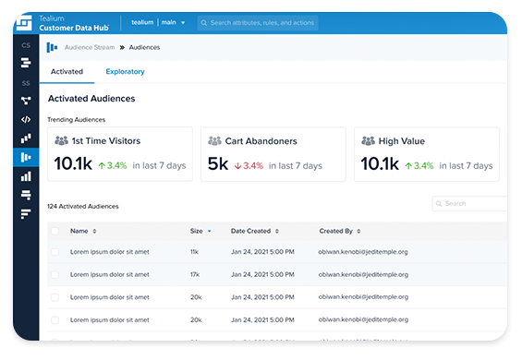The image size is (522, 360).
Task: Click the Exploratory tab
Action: [125, 71]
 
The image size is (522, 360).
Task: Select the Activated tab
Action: [67, 71]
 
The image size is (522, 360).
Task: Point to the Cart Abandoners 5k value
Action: [217, 164]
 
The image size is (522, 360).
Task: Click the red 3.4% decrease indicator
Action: [248, 166]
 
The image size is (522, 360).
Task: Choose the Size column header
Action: [197, 231]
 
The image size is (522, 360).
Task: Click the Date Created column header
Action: [251, 231]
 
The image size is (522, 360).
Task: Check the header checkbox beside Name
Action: [55, 231]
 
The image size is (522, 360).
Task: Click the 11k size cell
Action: [196, 251]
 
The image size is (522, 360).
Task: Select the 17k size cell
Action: [196, 274]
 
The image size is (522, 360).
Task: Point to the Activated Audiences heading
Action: [91, 99]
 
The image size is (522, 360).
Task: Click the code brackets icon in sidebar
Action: [25, 119]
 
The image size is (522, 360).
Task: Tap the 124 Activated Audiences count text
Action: [83, 207]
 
